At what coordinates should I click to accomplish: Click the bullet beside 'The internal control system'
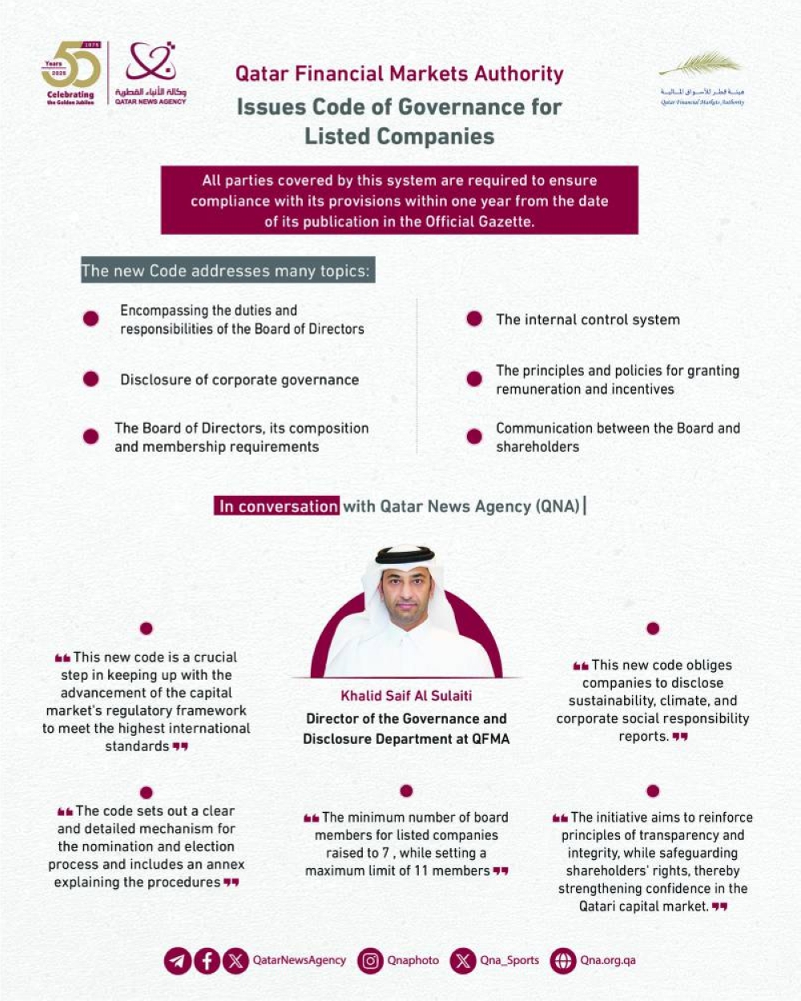(x=474, y=319)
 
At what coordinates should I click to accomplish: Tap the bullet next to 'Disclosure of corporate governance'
(x=91, y=379)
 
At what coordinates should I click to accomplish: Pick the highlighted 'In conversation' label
(x=278, y=506)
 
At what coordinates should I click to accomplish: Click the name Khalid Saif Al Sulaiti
(x=406, y=696)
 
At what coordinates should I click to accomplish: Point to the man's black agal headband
(x=405, y=555)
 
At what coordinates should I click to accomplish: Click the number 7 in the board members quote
(x=386, y=853)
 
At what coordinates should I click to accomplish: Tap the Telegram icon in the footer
(x=178, y=960)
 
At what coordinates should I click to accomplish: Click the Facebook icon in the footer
(x=207, y=960)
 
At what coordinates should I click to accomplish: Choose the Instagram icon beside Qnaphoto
(x=370, y=960)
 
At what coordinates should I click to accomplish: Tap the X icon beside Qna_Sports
(x=463, y=960)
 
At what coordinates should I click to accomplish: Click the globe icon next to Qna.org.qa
(x=563, y=960)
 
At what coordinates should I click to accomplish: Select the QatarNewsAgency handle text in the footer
(x=300, y=960)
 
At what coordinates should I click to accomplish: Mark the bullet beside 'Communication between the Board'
(x=474, y=436)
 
